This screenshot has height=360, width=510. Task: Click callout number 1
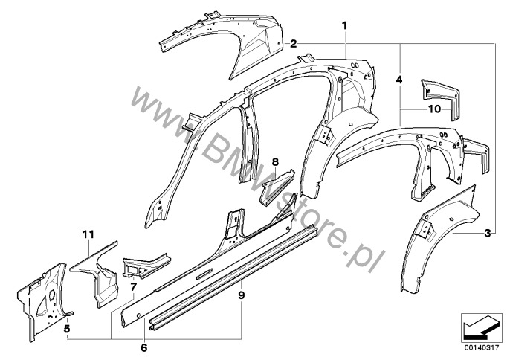coord(344,25)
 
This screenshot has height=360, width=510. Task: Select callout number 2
coord(294,44)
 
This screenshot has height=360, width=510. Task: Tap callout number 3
coord(487,233)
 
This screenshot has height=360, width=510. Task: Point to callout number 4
coord(399,80)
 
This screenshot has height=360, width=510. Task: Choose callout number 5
coord(67,329)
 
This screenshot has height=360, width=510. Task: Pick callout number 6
coord(144,347)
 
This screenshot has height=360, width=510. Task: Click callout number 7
coord(134,287)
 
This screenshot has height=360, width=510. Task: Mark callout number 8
coord(276,161)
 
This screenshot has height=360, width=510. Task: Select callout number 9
coord(241,295)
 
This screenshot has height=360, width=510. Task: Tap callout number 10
coord(434,109)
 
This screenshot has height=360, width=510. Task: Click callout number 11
coord(88,234)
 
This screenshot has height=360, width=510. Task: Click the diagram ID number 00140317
coord(481,348)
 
